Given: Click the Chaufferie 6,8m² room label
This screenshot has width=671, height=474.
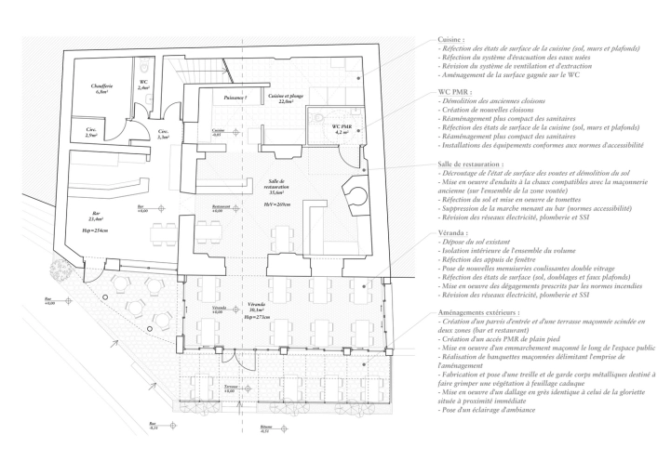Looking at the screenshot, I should tap(102, 90).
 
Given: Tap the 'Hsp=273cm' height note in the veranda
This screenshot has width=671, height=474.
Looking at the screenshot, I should tap(255, 317).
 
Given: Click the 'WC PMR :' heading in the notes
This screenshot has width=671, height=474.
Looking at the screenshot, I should tap(457, 93).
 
